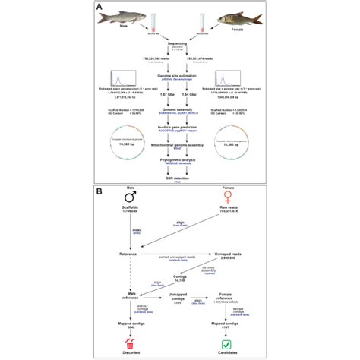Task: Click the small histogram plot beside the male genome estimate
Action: point(122,76)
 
